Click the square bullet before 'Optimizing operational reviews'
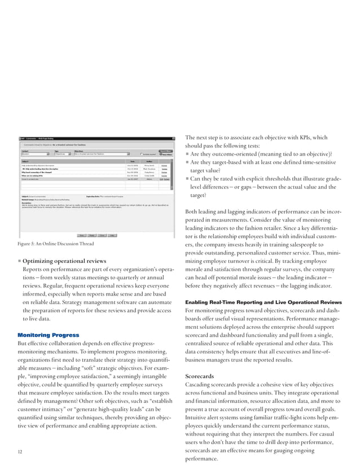pyautogui.click(x=20, y=261)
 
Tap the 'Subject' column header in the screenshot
pyautogui.click(x=26, y=160)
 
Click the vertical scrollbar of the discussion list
pyautogui.click(x=172, y=172)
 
